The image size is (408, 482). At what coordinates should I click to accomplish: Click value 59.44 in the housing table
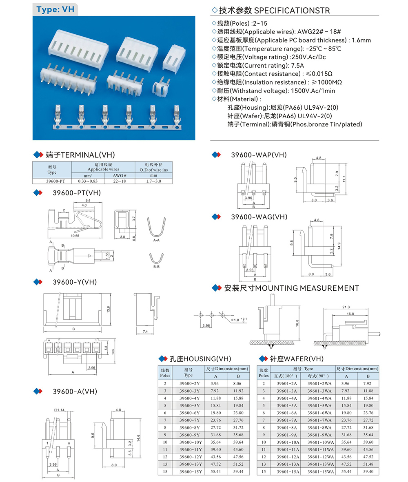(238, 471)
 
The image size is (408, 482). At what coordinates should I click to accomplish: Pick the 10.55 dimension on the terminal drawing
(74, 236)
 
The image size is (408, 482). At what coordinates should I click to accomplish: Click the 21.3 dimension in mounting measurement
(346, 307)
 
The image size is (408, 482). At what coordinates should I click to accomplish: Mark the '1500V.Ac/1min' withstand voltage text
(312, 91)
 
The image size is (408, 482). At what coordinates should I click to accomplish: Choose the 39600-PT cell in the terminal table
(52, 181)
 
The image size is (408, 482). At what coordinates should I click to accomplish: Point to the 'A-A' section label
(156, 241)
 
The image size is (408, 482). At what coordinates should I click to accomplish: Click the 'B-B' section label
(156, 266)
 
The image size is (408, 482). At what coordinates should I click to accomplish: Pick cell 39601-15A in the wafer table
(288, 471)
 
